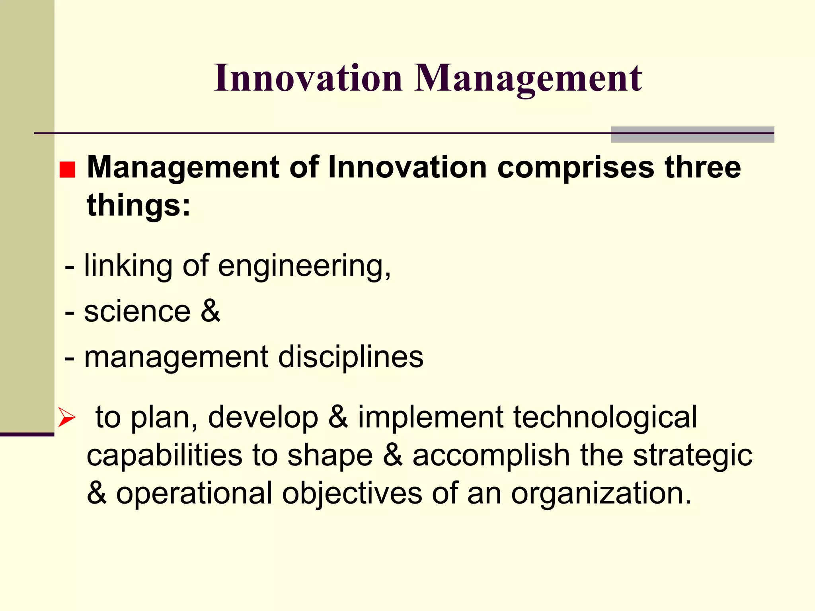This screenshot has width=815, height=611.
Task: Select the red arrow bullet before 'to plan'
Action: (x=66, y=417)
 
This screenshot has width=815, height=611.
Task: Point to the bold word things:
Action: (x=139, y=205)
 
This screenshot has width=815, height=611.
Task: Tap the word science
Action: (x=137, y=311)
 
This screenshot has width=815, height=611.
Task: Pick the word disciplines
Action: (x=351, y=358)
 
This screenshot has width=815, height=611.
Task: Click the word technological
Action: (x=605, y=417)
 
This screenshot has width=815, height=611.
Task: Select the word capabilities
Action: (x=164, y=455)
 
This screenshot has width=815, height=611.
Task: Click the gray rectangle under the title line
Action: (x=692, y=134)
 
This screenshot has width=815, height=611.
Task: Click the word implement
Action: (x=431, y=418)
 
